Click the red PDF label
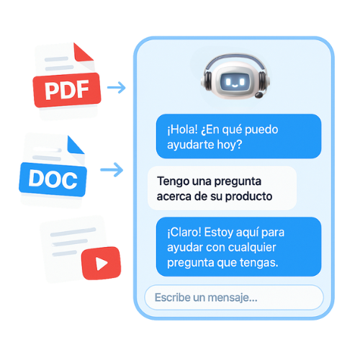67,90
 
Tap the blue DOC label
53,179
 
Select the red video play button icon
101,264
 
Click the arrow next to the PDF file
117,87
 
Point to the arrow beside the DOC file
112,170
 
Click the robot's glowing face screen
235,82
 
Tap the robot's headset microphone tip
258,95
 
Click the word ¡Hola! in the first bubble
182,130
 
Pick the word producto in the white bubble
248,197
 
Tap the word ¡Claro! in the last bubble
184,233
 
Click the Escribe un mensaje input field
234,297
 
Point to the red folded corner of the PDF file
82,53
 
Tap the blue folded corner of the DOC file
75,145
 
